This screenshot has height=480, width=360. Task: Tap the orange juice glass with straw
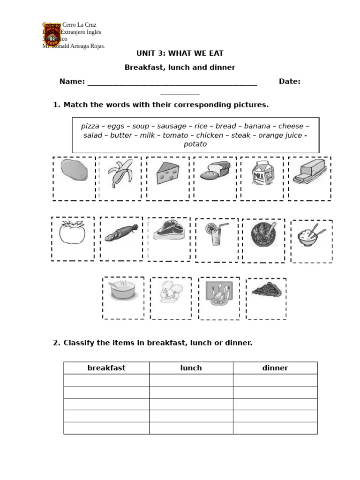click(216, 233)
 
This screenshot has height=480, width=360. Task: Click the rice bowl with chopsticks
click(310, 235)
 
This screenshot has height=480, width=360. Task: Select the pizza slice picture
click(266, 291)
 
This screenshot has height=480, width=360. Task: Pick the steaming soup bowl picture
click(123, 291)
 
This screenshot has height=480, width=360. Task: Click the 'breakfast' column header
click(106, 368)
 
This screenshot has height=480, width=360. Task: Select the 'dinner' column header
click(275, 368)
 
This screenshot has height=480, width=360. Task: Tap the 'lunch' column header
click(191, 368)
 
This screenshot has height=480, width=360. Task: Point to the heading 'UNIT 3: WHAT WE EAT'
click(180, 53)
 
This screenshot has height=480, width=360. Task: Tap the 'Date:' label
click(290, 82)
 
